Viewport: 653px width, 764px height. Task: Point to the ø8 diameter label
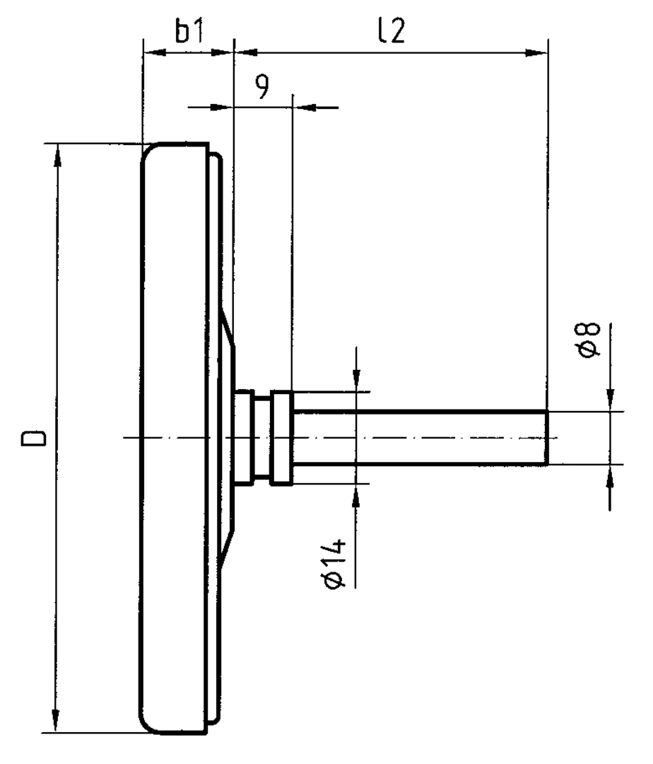click(x=589, y=340)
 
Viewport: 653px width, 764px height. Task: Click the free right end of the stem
click(x=546, y=437)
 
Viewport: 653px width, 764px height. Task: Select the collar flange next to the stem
click(x=281, y=437)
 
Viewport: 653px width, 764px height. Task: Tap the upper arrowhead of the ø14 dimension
click(x=356, y=382)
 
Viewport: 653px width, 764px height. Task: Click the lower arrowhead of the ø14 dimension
click(x=356, y=492)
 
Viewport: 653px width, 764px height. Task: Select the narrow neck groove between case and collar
click(x=262, y=437)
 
